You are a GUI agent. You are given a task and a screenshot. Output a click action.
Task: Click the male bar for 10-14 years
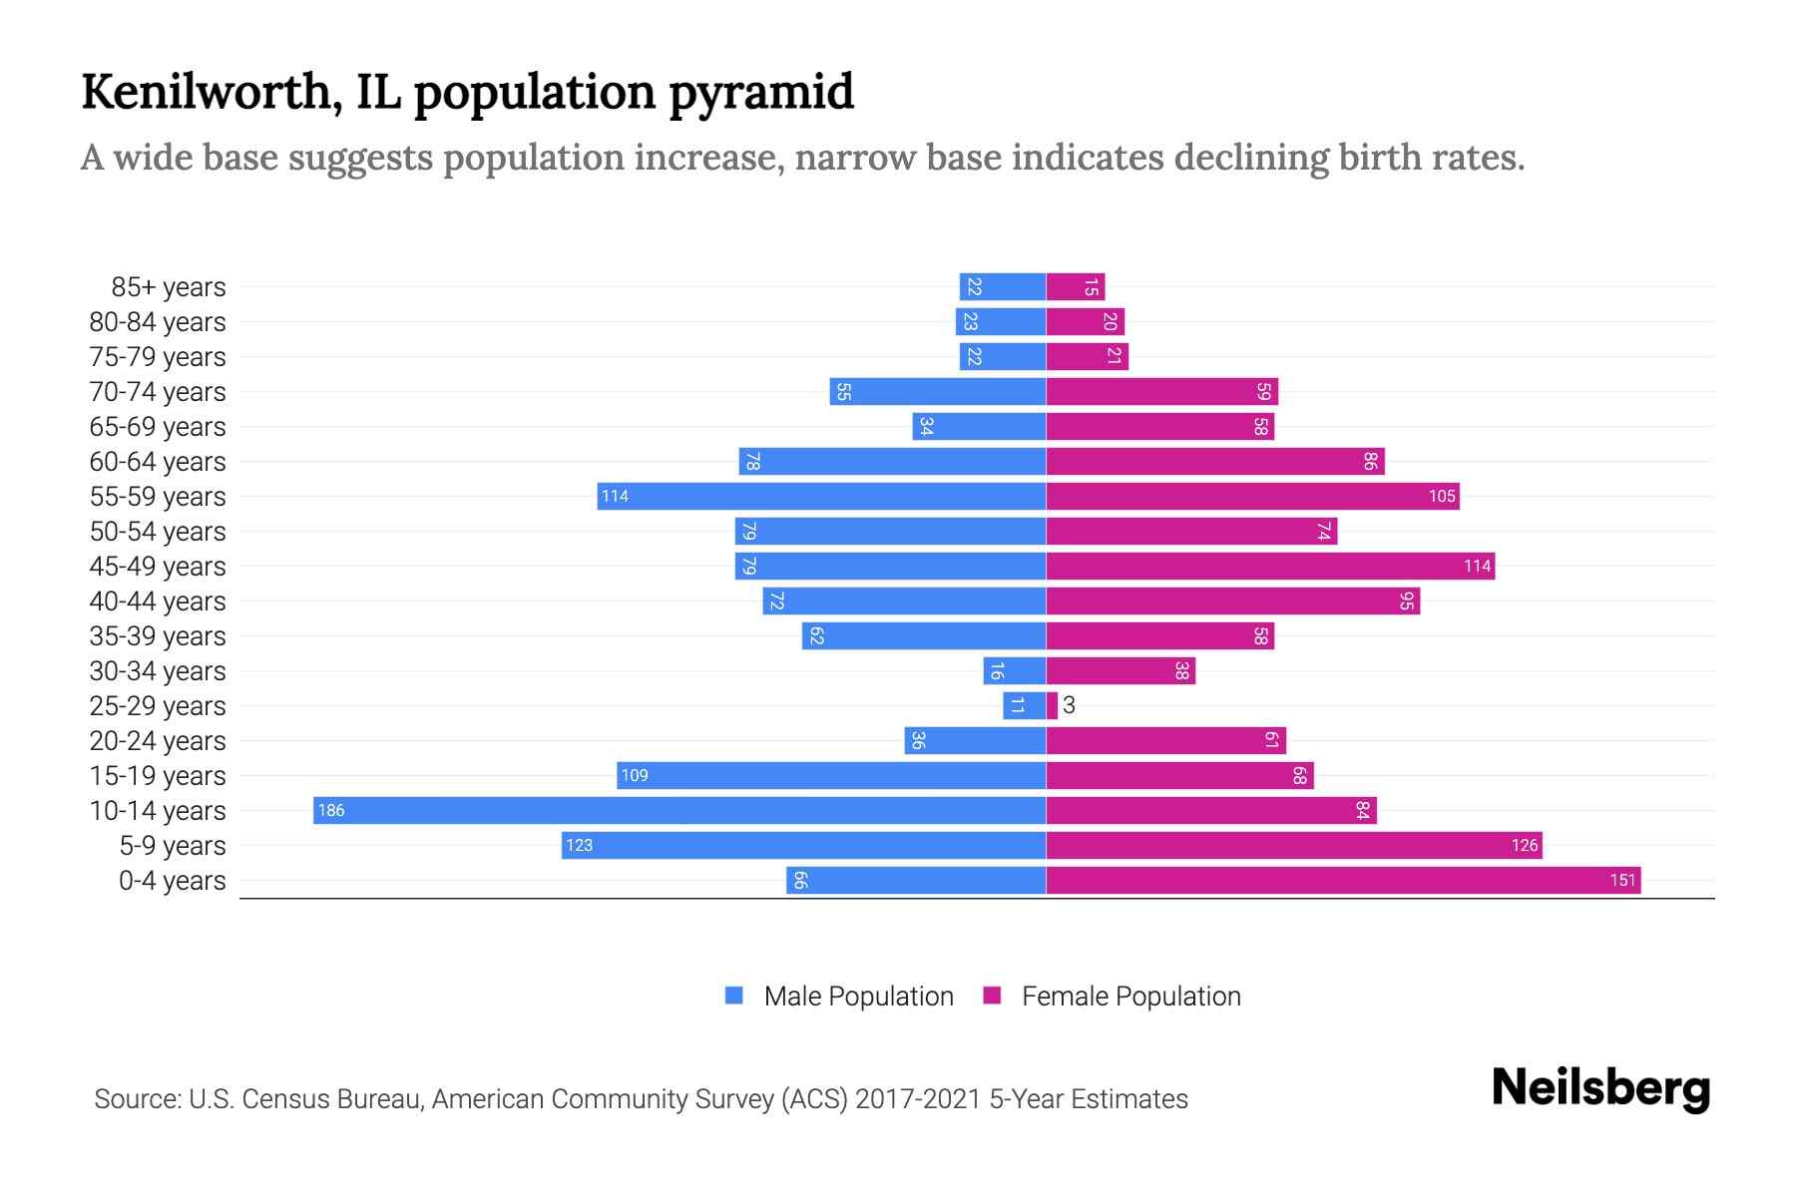678,810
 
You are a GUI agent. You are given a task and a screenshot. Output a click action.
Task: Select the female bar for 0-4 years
1342,880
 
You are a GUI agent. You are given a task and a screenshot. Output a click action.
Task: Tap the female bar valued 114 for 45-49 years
1269,566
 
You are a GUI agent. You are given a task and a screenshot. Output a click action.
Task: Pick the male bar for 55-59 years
821,496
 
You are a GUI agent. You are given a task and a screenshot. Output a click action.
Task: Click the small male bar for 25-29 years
1024,705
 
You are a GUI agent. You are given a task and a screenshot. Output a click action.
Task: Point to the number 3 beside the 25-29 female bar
1069,705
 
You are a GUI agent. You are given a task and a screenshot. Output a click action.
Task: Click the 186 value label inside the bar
331,810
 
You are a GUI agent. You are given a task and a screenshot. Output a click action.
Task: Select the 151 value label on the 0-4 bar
1622,880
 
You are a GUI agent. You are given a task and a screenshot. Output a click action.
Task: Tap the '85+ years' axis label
168,287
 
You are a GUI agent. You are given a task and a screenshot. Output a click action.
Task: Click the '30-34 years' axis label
158,671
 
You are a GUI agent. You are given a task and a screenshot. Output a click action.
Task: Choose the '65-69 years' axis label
158,427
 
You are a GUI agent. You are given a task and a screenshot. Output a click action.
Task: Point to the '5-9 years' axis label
172,846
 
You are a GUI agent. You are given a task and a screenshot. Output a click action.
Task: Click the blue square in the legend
734,996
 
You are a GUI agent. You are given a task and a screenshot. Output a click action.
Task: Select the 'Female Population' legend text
1130,996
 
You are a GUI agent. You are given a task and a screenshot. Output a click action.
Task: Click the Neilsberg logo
1600,1088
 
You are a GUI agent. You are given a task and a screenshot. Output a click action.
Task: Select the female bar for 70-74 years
1161,391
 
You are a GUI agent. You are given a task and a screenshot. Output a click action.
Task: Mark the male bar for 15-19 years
831,775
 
